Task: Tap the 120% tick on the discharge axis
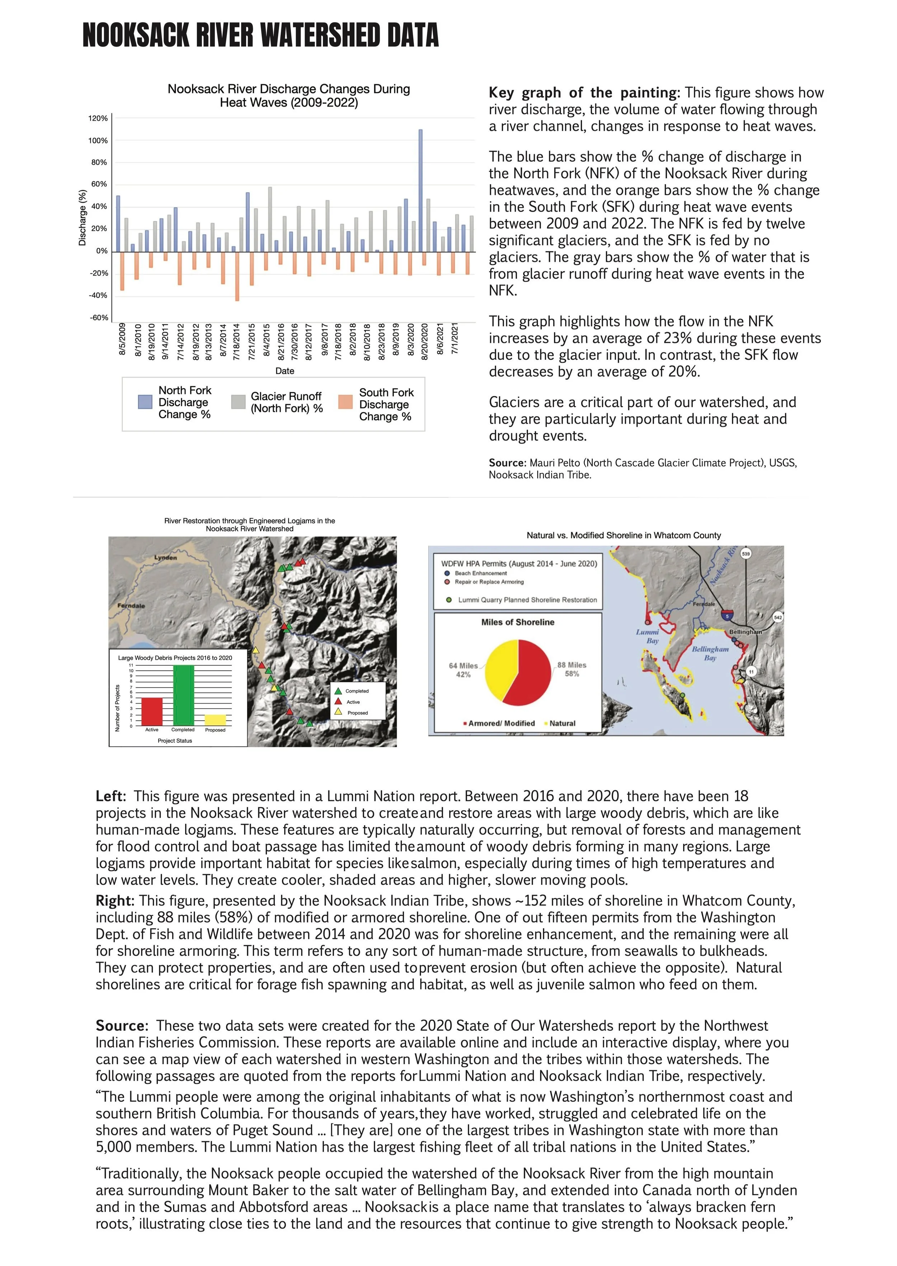click(98, 119)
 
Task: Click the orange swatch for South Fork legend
click(345, 402)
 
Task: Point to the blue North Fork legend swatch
click(145, 402)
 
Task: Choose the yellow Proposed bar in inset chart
click(215, 720)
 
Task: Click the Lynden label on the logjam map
click(166, 558)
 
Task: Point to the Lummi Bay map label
click(648, 636)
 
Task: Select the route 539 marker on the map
click(746, 553)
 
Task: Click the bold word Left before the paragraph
click(109, 796)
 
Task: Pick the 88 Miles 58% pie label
click(572, 669)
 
